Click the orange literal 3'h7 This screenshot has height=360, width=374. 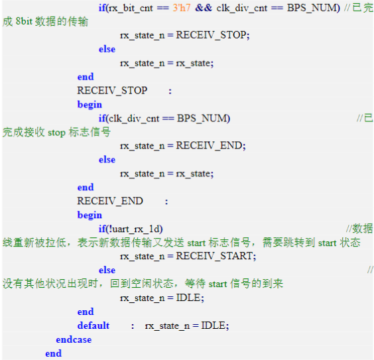tap(182, 8)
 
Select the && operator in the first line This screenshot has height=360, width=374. tap(203, 8)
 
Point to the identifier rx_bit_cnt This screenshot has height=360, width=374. tap(131, 9)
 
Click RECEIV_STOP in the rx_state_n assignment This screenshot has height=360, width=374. tap(211, 35)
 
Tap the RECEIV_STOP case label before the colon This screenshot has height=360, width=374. tap(112, 91)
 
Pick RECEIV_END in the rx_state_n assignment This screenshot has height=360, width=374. tap(209, 145)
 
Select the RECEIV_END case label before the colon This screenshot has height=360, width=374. tap(110, 201)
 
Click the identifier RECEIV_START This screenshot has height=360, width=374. tap(214, 256)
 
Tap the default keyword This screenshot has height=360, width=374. tap(93, 326)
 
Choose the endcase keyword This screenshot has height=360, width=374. tap(74, 339)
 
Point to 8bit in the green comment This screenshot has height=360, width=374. tap(24, 21)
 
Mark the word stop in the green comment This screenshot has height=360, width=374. tap(56, 133)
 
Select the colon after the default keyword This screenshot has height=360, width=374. tap(133, 326)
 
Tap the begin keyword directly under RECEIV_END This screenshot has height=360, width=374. tap(90, 215)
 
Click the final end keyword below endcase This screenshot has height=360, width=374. tap(53, 353)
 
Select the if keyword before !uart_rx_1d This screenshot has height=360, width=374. tap(102, 229)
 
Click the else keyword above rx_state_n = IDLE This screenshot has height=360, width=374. tap(107, 270)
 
